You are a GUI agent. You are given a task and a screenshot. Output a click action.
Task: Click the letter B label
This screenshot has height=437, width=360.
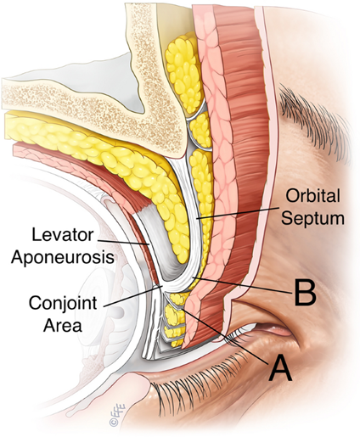click(x=305, y=292)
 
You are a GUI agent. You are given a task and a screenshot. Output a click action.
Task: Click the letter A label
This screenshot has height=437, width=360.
click(x=280, y=367)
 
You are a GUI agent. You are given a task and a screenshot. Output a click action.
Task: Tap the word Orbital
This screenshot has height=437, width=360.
click(x=312, y=196)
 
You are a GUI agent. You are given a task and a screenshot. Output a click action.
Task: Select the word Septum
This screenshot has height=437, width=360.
click(x=313, y=218)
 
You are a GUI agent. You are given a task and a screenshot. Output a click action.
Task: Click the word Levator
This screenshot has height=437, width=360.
click(x=63, y=235)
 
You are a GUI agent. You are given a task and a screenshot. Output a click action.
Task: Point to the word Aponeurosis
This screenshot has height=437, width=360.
click(x=63, y=257)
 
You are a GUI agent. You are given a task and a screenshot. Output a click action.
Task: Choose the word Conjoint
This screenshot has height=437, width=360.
click(x=63, y=303)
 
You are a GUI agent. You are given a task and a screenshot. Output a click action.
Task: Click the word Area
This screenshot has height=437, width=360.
click(x=63, y=325)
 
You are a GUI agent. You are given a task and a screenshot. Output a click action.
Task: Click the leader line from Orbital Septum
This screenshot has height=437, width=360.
click(x=237, y=213)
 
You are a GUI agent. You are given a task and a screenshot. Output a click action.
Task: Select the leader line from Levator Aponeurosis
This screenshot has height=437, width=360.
click(x=124, y=242)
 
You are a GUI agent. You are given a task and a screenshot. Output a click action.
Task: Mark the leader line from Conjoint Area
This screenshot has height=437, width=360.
click(x=133, y=296)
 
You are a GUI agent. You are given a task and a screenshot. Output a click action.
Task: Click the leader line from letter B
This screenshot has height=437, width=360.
click(x=241, y=285)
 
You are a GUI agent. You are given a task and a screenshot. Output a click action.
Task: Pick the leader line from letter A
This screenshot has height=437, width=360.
click(x=225, y=336)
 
